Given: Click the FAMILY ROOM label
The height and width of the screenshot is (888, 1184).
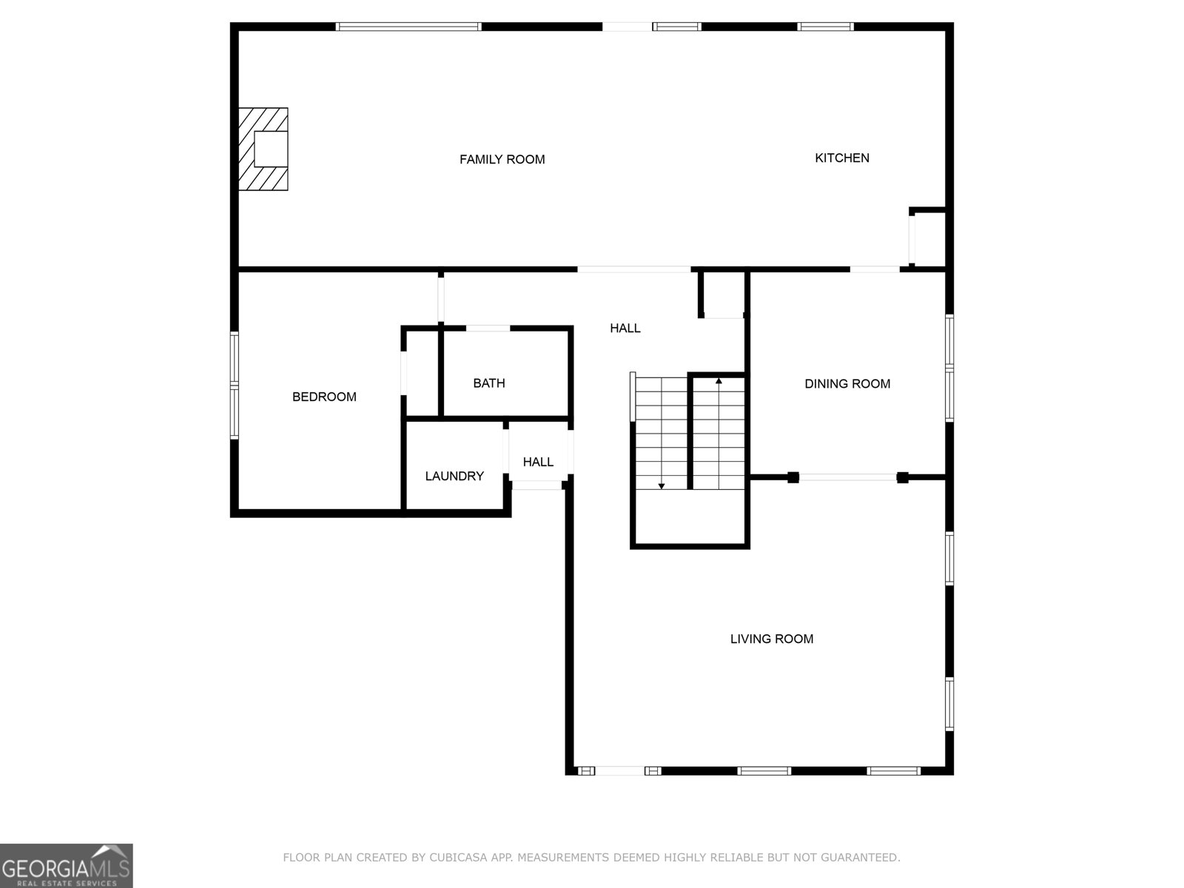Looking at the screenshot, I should [502, 159].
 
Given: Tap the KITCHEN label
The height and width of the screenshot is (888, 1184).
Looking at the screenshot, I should [841, 158].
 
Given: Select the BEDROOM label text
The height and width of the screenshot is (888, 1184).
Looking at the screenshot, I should [324, 397].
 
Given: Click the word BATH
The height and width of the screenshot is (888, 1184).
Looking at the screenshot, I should [488, 383].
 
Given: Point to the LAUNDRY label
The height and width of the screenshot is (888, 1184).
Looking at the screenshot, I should [454, 476].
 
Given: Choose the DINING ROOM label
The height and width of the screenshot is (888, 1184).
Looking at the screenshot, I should [847, 383].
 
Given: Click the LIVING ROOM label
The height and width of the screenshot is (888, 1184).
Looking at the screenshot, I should [771, 639].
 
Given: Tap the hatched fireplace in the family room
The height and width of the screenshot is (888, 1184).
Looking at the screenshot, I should [263, 149].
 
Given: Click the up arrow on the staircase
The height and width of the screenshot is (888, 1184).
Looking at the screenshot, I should [719, 381].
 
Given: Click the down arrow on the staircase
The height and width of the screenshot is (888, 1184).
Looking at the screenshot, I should [662, 485].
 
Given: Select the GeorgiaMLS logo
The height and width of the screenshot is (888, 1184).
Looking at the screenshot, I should [66, 865].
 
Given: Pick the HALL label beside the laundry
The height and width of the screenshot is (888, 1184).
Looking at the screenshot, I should [538, 462].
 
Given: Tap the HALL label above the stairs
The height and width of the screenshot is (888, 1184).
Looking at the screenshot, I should [625, 328].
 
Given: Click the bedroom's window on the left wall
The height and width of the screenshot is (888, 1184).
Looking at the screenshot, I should [234, 385].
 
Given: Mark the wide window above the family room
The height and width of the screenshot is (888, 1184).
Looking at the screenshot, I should [408, 27].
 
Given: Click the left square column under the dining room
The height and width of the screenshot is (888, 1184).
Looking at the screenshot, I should [793, 477].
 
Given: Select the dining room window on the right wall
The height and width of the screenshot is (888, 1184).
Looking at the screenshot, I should [949, 368].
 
